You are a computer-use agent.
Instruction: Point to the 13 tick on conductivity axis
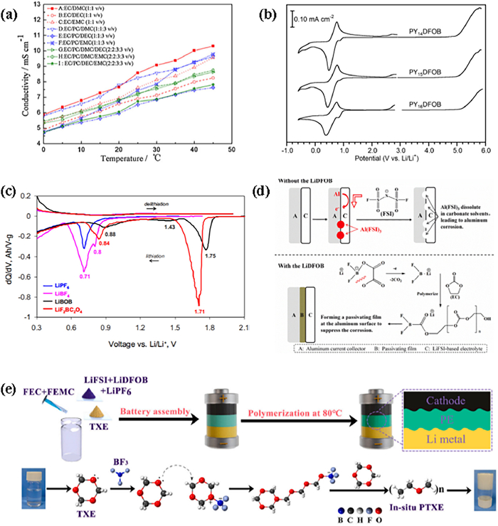coord(36,7)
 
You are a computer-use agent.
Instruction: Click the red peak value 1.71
coord(199,311)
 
